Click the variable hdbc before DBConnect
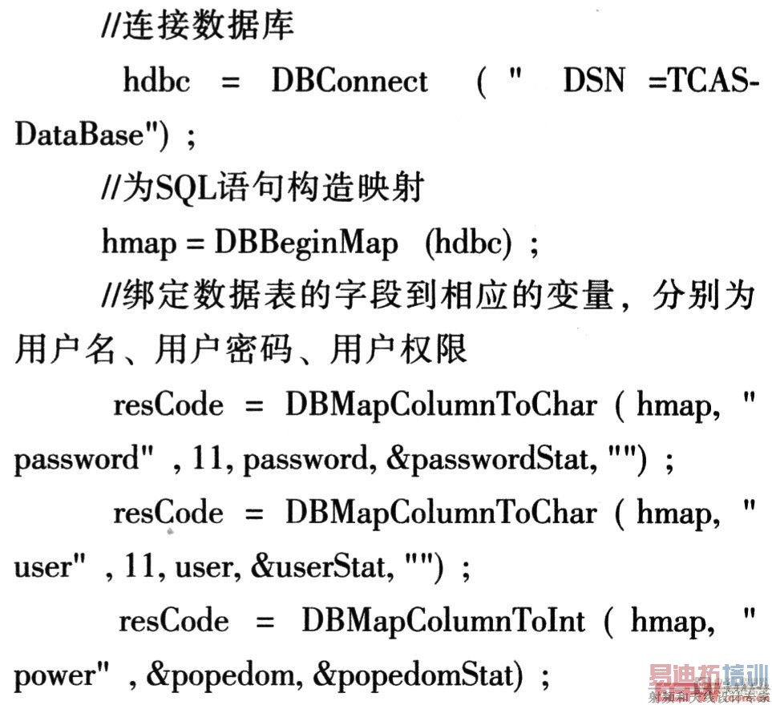coord(157,81)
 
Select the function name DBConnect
coord(350,81)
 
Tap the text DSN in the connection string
coord(593,81)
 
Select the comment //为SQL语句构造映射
coord(262,189)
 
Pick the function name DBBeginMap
coord(305,244)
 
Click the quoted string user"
coord(51,568)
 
